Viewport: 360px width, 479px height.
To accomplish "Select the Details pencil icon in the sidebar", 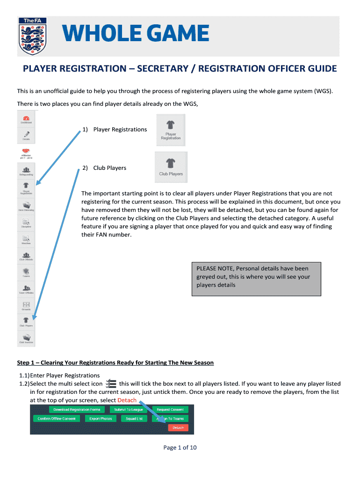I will (26, 135).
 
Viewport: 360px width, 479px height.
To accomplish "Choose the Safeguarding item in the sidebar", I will (26, 171).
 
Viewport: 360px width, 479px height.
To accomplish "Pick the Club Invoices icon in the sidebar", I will (26, 338).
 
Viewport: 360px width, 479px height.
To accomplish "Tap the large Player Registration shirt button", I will (171, 131).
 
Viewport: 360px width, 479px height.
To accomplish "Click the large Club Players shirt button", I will (171, 167).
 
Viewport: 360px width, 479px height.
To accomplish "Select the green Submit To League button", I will (129, 409).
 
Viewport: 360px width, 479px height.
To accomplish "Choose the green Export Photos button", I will (101, 419).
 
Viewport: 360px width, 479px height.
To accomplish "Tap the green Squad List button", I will (134, 419).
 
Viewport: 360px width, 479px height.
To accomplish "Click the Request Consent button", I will (170, 409).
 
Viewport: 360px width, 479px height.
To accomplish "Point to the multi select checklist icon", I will (111, 384).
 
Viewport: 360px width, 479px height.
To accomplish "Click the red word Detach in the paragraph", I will (127, 400).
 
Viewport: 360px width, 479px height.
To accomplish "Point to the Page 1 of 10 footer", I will (180, 448).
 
